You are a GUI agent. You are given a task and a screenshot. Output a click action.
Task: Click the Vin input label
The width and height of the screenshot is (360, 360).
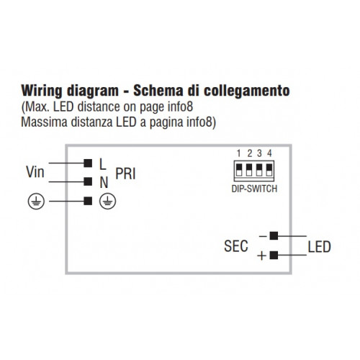(x=35, y=172)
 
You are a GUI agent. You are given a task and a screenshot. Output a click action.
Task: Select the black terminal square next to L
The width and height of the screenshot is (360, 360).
(x=88, y=163)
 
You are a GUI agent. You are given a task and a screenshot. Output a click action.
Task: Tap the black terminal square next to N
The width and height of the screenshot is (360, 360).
(x=88, y=181)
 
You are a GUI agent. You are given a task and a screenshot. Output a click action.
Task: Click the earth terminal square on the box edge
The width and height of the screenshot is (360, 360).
(x=88, y=201)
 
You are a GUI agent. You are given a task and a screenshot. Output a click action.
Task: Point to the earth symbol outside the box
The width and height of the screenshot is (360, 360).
(x=36, y=202)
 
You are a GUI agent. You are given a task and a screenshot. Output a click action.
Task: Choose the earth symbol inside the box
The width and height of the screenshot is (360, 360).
(x=108, y=202)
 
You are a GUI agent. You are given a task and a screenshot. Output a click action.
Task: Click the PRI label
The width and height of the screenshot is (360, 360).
(x=125, y=174)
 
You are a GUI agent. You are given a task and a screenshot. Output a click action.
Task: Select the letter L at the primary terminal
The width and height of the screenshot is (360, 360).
(x=103, y=164)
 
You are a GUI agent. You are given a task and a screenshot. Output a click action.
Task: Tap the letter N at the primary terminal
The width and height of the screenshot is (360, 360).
(x=104, y=183)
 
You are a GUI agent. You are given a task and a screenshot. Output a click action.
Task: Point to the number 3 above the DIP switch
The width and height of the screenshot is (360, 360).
(x=259, y=153)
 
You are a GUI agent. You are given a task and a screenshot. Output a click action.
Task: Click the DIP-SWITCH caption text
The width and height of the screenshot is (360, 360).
(x=254, y=189)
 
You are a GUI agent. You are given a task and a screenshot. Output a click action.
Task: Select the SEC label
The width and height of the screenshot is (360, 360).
(x=236, y=246)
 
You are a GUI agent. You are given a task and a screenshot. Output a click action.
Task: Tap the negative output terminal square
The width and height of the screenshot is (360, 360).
(x=274, y=236)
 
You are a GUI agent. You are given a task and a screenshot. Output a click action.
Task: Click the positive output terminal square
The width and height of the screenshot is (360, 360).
(x=274, y=255)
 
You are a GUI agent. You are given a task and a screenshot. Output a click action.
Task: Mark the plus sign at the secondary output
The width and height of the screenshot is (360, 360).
(x=262, y=256)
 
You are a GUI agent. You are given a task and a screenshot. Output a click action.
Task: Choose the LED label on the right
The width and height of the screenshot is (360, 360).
(x=320, y=247)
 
